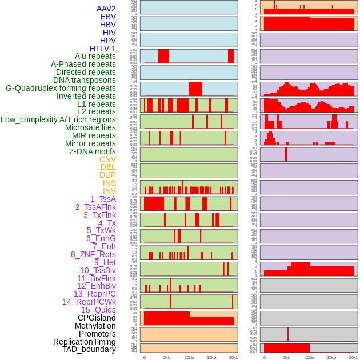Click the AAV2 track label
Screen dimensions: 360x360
(x=106, y=9)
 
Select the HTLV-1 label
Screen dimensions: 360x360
(x=102, y=49)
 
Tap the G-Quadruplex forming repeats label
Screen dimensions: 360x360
(x=61, y=88)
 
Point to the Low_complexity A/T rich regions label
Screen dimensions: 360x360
(x=58, y=119)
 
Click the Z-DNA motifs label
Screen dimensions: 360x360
(x=93, y=151)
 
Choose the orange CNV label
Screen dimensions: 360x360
(x=107, y=159)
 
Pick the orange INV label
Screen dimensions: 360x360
(x=109, y=191)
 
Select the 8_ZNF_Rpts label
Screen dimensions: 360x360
(x=93, y=254)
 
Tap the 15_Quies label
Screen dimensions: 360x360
(x=98, y=310)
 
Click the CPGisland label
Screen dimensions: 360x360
(x=97, y=318)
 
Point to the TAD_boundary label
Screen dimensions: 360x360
(x=89, y=349)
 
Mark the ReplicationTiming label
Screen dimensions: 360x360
(x=85, y=342)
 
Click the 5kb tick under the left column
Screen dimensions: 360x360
(x=167, y=357)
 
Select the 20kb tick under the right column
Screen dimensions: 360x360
(x=354, y=357)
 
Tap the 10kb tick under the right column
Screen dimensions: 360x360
(x=309, y=357)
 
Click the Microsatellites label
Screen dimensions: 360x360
(x=90, y=127)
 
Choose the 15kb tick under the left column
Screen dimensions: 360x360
(x=211, y=357)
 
